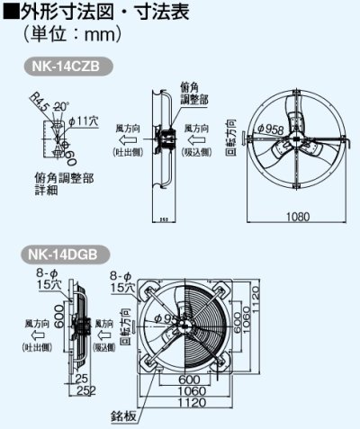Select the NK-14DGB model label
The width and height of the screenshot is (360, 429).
point(68,254)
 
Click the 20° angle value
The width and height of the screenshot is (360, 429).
point(61,106)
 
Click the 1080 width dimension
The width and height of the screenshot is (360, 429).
point(296,217)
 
